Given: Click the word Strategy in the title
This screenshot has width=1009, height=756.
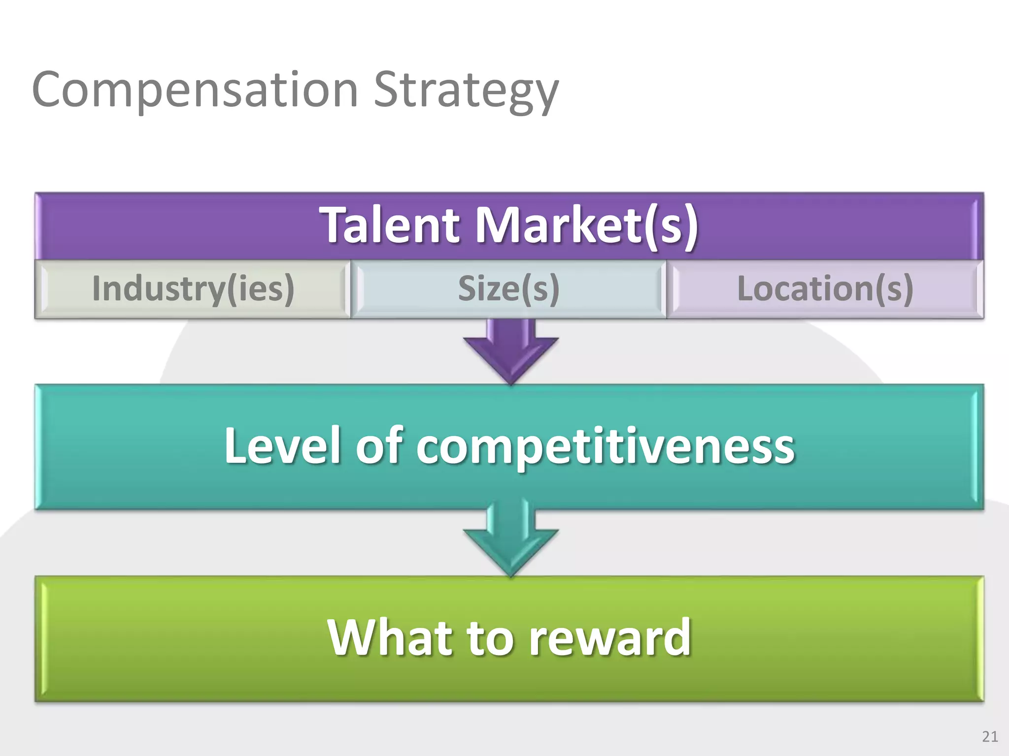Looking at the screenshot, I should click(466, 91).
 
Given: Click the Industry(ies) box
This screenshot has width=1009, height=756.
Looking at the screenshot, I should click(193, 289).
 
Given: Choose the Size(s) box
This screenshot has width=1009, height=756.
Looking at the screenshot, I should click(508, 289).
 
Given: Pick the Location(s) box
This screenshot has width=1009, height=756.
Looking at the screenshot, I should click(825, 289).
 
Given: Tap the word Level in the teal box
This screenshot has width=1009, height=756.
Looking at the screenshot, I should click(282, 445).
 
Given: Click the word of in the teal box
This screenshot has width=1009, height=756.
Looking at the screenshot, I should click(379, 445).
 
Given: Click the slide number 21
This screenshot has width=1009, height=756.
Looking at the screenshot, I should click(990, 736).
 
